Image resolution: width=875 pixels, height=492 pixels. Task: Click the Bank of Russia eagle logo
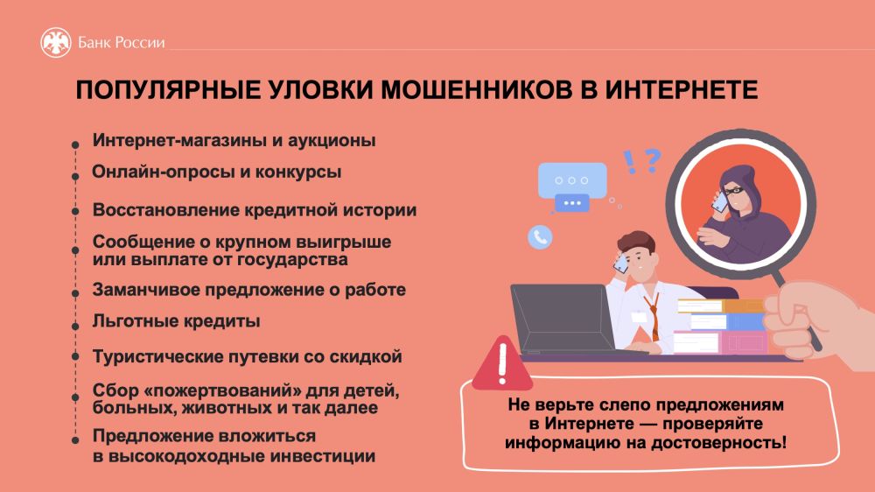click(56, 42)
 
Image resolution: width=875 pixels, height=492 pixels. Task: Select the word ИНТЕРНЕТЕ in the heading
click(682, 90)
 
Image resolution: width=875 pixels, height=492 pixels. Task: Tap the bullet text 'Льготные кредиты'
click(177, 321)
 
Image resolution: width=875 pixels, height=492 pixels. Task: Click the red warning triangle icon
click(501, 363)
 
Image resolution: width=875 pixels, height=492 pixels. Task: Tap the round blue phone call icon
click(540, 237)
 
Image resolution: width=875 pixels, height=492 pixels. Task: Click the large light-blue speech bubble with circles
click(572, 180)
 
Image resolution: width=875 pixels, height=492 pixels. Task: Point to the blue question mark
click(652, 160)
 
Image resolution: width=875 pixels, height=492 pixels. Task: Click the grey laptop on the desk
click(563, 319)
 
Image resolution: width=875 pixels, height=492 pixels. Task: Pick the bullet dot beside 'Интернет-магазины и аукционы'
click(75, 145)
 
